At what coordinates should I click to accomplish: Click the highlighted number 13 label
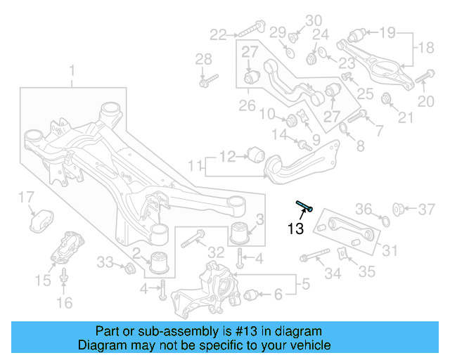(x=295, y=228)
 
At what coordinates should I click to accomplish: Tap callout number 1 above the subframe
(x=71, y=70)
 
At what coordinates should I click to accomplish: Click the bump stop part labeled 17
(x=42, y=219)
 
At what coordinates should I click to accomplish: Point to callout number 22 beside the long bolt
(x=218, y=33)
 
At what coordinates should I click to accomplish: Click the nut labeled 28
(x=204, y=83)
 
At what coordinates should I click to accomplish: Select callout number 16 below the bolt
(x=64, y=303)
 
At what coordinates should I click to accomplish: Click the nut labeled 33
(x=129, y=269)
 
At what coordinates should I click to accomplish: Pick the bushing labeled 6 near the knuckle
(x=252, y=295)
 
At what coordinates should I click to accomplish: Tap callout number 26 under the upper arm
(x=246, y=106)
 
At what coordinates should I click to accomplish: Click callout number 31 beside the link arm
(x=390, y=250)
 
